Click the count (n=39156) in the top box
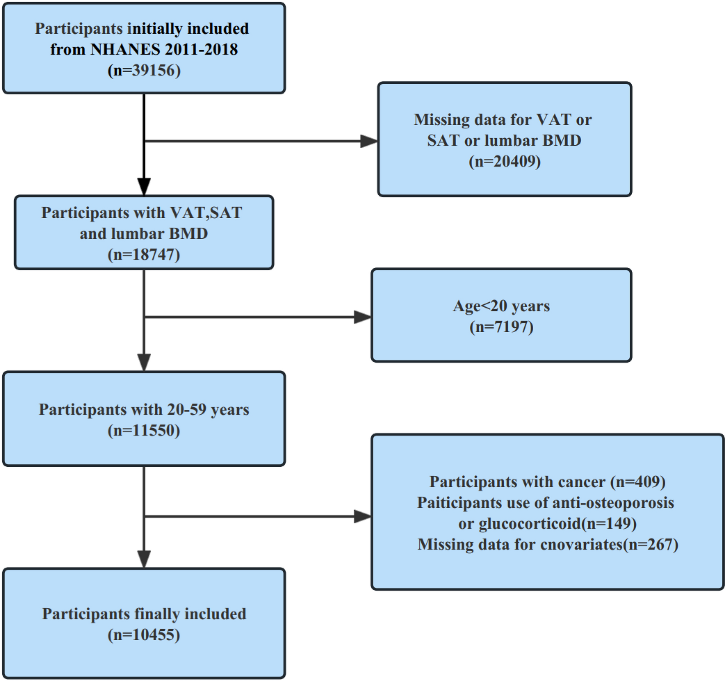(x=144, y=71)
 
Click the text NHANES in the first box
(x=125, y=50)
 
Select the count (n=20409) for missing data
(x=505, y=162)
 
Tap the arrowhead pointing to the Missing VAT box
(x=368, y=141)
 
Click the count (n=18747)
(x=144, y=255)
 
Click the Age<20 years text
(x=501, y=306)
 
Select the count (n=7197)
(x=501, y=327)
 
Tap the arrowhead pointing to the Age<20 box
(x=362, y=317)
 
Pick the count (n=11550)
(x=144, y=430)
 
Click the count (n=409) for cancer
(x=638, y=482)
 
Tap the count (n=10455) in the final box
(x=144, y=635)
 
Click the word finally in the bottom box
(x=158, y=614)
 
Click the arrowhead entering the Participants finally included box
(x=144, y=559)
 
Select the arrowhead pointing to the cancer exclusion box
(x=362, y=517)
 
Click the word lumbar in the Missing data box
(x=511, y=141)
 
